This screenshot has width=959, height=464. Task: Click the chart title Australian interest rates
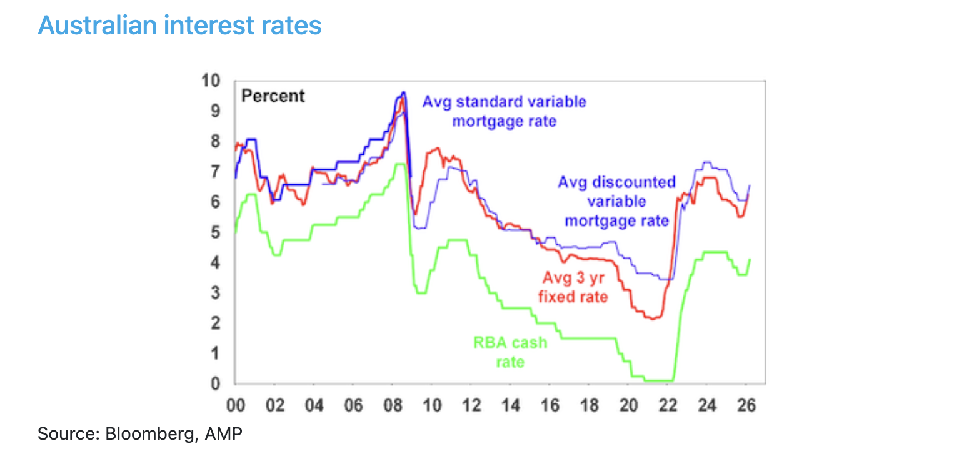(179, 25)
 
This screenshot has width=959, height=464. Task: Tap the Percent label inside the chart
(273, 96)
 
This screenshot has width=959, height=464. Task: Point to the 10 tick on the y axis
(211, 81)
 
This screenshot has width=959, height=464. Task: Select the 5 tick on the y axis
(215, 232)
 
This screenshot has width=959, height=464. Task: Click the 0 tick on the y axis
(215, 383)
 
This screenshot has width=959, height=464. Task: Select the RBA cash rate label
(509, 352)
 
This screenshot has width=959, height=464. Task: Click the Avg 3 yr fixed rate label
(572, 287)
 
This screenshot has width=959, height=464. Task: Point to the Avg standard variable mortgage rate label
(504, 111)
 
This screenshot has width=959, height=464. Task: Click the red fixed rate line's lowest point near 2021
(652, 318)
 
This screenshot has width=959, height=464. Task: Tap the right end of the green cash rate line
(750, 259)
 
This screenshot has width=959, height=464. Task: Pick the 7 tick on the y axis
(215, 172)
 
